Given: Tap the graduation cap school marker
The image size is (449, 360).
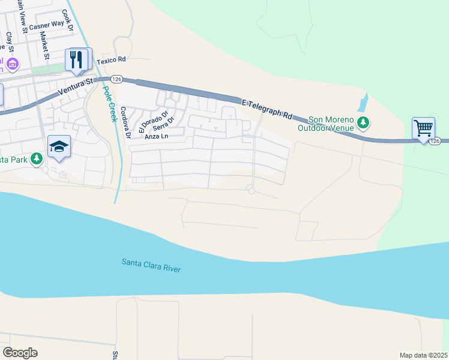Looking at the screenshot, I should tap(59, 147).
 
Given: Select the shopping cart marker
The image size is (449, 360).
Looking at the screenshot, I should tap(423, 128).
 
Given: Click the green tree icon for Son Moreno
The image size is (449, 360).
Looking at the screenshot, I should tap(363, 124).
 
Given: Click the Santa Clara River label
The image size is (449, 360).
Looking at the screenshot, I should tap(151, 265).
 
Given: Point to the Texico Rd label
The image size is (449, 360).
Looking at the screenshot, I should tap(113, 59).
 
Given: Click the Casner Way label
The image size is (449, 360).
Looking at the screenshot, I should tap(46, 25).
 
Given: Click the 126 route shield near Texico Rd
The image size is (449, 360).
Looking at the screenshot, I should tap(116, 79).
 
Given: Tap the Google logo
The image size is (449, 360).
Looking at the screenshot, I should tap(20, 352).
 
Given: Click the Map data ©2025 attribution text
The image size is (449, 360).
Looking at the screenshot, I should tap(423, 355).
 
